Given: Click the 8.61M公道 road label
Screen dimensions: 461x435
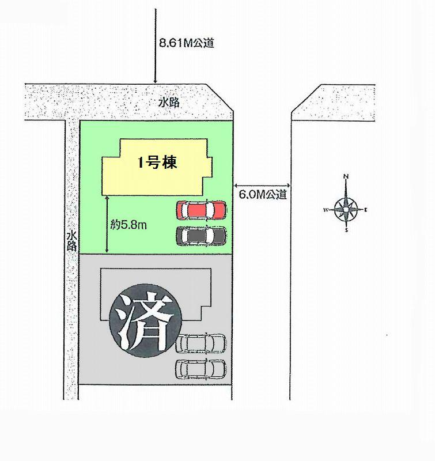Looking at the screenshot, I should (x=186, y=43).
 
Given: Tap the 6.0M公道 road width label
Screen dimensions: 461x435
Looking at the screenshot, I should (x=262, y=195).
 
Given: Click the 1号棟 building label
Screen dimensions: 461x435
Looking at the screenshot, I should (x=157, y=163).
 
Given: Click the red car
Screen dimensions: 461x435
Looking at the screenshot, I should (x=201, y=210).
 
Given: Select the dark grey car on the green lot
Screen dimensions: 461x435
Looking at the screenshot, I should (x=201, y=236).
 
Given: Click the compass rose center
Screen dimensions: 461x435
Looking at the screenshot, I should (x=346, y=209).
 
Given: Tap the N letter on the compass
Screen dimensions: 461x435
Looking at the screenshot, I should (x=346, y=176).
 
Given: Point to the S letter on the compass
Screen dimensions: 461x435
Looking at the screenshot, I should (x=346, y=231).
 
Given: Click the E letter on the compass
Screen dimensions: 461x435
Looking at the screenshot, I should (x=366, y=209).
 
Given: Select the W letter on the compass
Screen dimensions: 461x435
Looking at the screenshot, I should (x=326, y=209).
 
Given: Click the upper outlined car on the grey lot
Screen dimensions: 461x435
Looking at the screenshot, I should (x=201, y=343).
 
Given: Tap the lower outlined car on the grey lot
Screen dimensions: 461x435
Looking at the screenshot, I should (x=201, y=368).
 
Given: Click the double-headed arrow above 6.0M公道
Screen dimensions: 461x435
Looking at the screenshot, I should (x=262, y=185).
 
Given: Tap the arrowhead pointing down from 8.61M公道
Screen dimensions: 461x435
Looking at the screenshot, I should (x=155, y=81).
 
